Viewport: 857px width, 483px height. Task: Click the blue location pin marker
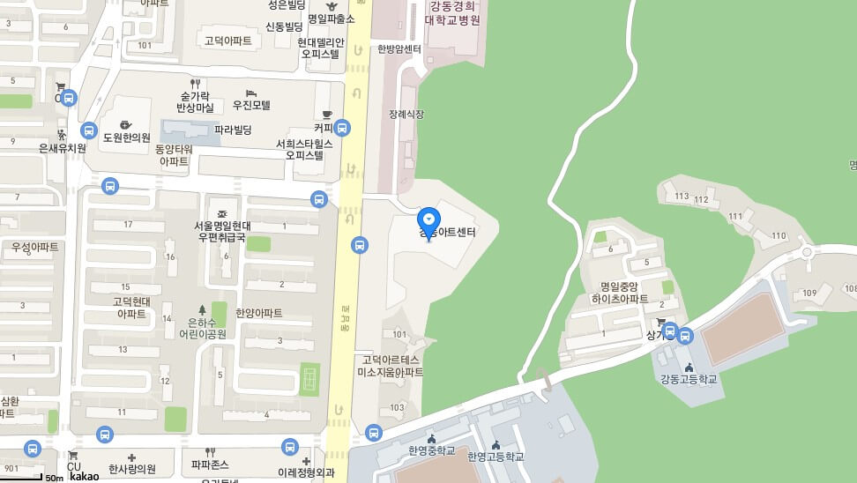coord(428,219)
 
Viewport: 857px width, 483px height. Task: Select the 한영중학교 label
coord(431,450)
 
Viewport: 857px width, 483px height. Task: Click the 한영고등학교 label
coord(496,457)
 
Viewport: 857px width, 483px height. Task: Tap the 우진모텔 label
coord(251,105)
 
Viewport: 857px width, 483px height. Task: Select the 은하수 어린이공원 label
coord(203,328)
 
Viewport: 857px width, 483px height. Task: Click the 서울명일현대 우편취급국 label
coord(223,231)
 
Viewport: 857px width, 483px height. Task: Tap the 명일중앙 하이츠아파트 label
coord(624,294)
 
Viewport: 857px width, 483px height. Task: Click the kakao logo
coord(85,477)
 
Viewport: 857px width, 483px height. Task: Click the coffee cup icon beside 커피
coord(326,115)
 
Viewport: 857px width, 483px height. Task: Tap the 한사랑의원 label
coord(131,469)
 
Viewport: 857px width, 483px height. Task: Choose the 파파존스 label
coord(210,464)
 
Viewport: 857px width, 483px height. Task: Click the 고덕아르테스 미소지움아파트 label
coord(390,366)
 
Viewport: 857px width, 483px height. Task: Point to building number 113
coord(681,196)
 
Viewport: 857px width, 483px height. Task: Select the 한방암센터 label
coord(399,49)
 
